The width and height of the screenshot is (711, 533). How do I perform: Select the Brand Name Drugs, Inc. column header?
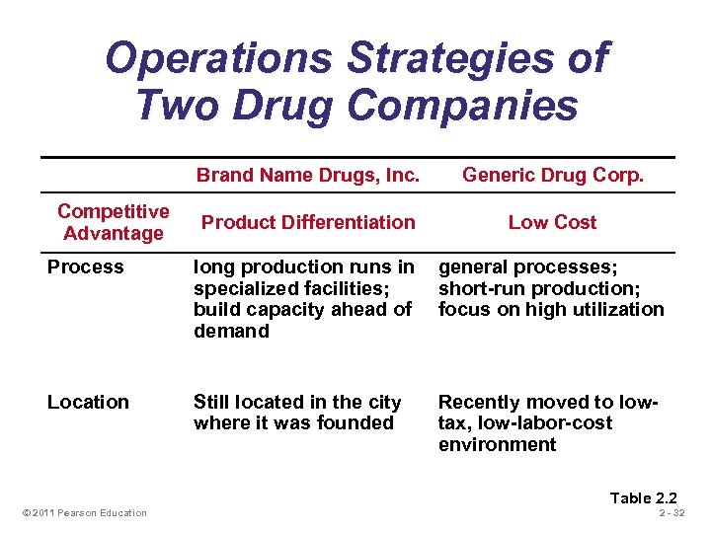coord(308,176)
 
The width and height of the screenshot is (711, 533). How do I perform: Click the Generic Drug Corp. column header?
coord(552,176)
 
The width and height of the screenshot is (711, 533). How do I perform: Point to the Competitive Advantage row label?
coord(113,222)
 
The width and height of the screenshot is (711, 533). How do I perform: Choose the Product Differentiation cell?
coord(308,222)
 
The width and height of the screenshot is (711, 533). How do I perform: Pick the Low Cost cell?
coord(552,222)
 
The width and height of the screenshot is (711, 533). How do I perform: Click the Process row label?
coord(86,266)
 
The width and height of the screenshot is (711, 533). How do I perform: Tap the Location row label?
coord(88,402)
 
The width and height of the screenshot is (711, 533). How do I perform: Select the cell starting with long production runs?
coord(303,298)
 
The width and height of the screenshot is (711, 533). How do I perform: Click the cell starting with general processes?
coord(551,287)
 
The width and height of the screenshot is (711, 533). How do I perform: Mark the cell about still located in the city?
coord(297,413)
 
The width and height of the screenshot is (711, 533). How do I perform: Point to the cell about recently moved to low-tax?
coord(547,422)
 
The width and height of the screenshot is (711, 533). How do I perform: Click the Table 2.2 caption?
coord(643,497)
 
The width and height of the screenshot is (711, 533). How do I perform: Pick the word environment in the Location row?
coord(497,444)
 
